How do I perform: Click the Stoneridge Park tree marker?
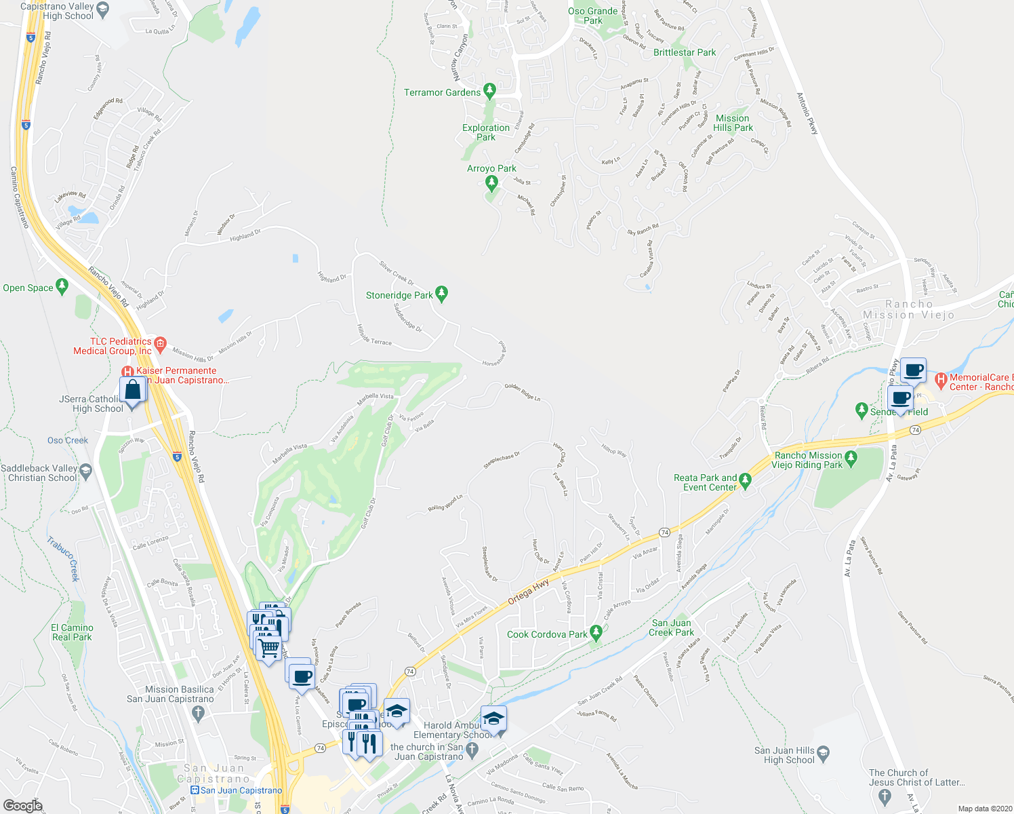coord(442,294)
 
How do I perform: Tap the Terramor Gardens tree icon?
coord(489,92)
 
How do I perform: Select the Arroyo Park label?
coord(491,168)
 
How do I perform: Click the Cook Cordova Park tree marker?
coord(596,634)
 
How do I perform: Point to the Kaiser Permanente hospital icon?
coord(127,371)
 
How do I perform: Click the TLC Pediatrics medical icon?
coord(160,343)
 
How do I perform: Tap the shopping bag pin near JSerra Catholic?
coord(133,391)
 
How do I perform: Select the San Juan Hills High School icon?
coord(823,752)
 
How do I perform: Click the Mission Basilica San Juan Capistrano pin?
coord(198,713)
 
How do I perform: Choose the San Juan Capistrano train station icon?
coord(195,790)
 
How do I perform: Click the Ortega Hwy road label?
coord(529,592)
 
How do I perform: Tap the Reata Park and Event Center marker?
coord(746,481)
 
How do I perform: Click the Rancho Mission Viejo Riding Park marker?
coord(851,458)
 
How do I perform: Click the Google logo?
coord(23,805)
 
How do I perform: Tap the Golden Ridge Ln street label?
coord(522,391)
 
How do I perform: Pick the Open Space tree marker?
coord(62,286)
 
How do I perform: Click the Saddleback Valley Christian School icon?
coord(85,470)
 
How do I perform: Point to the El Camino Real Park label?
coord(72,632)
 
